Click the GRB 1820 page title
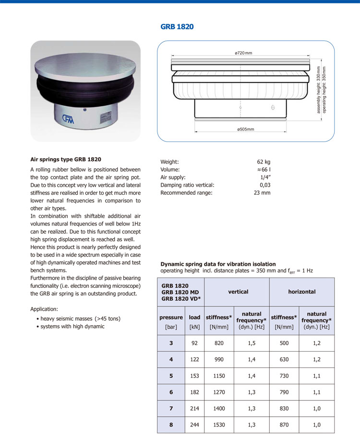point(177,27)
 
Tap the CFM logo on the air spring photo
point(68,118)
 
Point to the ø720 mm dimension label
point(243,53)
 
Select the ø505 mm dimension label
point(245,130)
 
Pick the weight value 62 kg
point(264,162)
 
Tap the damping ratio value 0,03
point(265,185)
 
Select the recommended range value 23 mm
point(262,193)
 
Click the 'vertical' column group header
point(238,292)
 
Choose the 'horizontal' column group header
point(301,292)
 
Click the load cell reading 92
point(194,343)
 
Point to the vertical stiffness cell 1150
point(218,376)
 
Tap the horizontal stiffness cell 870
point(284,425)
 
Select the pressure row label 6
point(171,392)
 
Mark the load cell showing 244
point(194,425)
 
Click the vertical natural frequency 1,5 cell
point(252,343)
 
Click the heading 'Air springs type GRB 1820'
point(66,159)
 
